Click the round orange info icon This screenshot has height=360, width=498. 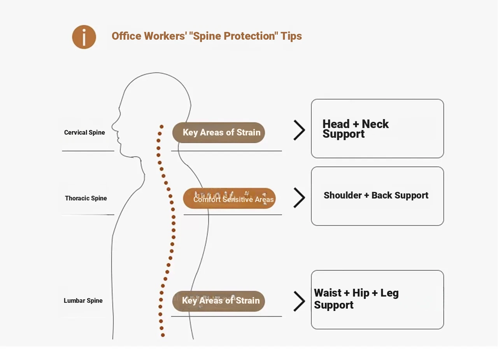click(84, 37)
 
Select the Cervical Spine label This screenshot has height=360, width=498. click(84, 133)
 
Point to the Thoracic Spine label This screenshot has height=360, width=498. click(86, 198)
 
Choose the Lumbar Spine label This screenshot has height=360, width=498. click(83, 301)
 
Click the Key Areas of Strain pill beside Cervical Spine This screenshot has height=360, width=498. click(219, 133)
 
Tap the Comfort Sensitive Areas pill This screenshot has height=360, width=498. click(230, 199)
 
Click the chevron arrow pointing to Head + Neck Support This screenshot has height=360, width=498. click(299, 130)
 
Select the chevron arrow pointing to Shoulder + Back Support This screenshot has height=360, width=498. click(299, 198)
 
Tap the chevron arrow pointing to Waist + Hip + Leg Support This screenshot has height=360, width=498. click(299, 301)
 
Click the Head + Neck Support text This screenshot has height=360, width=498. click(355, 129)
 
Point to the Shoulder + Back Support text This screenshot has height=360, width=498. click(376, 195)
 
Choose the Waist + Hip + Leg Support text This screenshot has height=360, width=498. click(356, 299)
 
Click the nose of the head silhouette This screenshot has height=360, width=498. click(113, 126)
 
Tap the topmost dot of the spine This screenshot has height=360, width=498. click(161, 127)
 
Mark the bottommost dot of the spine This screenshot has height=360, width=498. click(163, 335)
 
